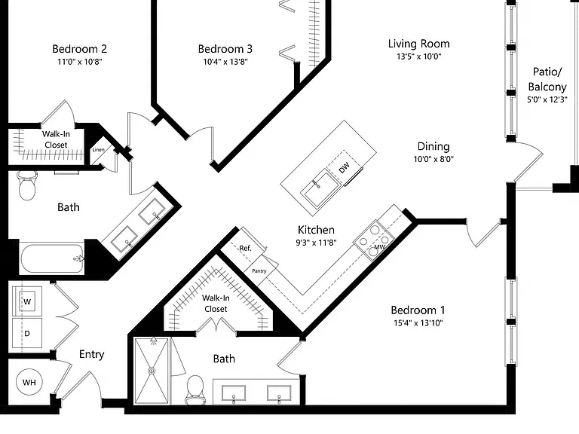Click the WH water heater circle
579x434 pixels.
click(29, 382)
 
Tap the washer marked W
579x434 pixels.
click(27, 301)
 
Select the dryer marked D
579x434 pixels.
click(27, 333)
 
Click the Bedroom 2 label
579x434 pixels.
click(79, 49)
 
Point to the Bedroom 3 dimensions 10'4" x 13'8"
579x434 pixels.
click(225, 62)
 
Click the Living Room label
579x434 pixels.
click(418, 44)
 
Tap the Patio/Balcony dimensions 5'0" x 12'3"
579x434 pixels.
click(547, 99)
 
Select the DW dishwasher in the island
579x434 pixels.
click(344, 167)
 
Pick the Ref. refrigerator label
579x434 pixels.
click(245, 248)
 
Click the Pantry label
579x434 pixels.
click(259, 271)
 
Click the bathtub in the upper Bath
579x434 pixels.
click(52, 258)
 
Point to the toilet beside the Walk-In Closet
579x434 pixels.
click(27, 185)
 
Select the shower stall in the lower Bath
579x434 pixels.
click(152, 371)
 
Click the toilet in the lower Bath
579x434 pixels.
click(195, 390)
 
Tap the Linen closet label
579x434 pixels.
click(98, 149)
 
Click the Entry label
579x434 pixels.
click(91, 355)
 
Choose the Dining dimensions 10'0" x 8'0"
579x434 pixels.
click(433, 160)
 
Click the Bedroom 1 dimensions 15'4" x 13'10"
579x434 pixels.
click(418, 323)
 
